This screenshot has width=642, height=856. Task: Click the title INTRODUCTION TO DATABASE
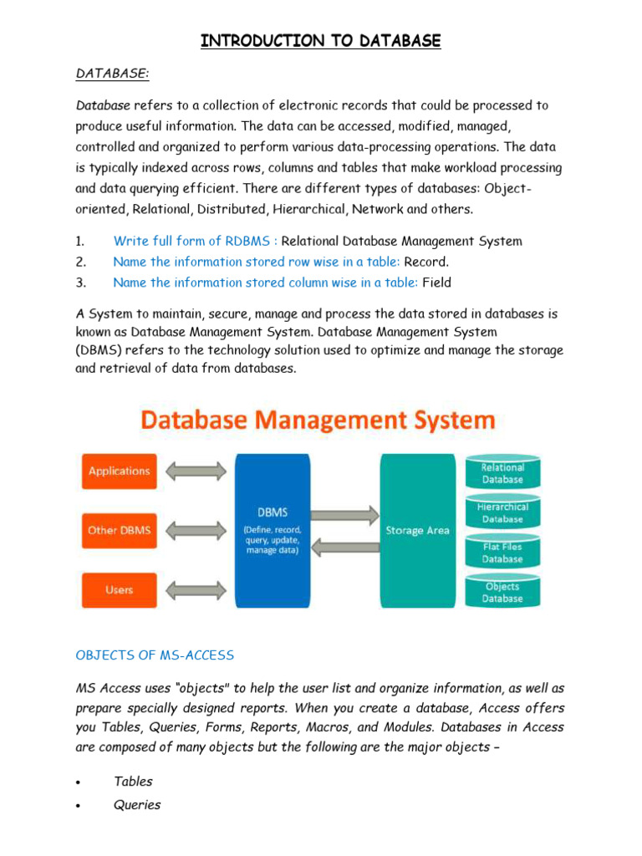point(320,40)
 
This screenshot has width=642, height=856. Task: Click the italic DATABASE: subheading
point(113,74)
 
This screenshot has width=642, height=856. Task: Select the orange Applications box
point(119,471)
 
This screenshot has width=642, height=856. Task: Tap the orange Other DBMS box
point(119,530)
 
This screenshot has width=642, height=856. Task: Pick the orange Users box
point(119,589)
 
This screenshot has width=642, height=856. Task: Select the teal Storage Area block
point(417,530)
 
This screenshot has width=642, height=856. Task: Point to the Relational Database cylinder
point(502,473)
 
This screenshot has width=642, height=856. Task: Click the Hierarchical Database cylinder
point(502,513)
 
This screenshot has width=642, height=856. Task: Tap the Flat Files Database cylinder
point(502,553)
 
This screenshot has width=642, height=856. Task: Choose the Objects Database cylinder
point(502,592)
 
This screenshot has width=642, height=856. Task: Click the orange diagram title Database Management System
point(318,419)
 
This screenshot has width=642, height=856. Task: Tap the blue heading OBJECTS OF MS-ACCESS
point(155,655)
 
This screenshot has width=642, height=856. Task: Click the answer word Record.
point(426,262)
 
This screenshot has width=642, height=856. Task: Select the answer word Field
point(436,283)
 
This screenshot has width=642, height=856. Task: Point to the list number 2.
point(80,262)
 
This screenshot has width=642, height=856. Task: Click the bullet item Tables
point(134,781)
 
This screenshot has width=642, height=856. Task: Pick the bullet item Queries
point(137,804)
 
